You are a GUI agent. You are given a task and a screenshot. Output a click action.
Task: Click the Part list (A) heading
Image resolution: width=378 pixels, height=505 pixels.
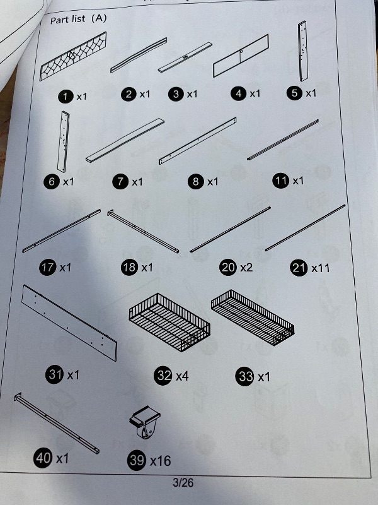78,19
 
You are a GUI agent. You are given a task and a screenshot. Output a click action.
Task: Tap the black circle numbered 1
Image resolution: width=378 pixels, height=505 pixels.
66,97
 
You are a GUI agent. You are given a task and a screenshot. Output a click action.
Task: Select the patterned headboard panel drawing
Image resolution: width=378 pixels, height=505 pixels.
73,56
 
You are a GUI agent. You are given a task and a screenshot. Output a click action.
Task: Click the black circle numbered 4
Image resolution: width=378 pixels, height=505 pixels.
239,93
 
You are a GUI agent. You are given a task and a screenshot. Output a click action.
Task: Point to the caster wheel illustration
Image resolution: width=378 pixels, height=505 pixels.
146,422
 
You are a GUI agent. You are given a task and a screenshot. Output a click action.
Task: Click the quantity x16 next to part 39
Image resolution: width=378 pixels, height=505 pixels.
161,461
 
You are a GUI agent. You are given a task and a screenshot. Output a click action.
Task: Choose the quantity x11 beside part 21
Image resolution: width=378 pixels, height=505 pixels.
321,268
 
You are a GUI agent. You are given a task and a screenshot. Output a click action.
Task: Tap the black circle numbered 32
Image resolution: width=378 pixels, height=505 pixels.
164,375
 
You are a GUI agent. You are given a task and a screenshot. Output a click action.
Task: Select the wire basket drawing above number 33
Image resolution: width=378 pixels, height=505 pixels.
253,318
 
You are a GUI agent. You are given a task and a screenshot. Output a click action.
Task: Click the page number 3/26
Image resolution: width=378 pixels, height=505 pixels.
183,482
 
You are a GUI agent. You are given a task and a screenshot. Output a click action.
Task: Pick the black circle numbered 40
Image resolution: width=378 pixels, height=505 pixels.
43,457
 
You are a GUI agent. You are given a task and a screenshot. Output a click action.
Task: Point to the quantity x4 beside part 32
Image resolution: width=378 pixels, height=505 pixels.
182,376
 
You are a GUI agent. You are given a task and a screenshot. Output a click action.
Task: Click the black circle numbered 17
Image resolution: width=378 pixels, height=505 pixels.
48,268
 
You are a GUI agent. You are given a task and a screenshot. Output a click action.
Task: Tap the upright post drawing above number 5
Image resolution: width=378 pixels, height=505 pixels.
303,51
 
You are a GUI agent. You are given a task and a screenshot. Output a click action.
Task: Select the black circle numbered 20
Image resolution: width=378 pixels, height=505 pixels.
228,268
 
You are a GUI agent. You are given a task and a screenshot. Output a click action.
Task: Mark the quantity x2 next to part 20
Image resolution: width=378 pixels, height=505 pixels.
246,267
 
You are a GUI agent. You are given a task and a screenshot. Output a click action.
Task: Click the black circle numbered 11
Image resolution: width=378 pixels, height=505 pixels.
280,181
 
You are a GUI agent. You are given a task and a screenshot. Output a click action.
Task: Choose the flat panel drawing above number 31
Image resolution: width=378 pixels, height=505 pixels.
69,323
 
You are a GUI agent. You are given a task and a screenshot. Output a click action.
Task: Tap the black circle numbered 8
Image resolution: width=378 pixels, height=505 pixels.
196,182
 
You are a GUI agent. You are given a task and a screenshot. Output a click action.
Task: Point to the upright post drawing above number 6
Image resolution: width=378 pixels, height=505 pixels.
64,142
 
